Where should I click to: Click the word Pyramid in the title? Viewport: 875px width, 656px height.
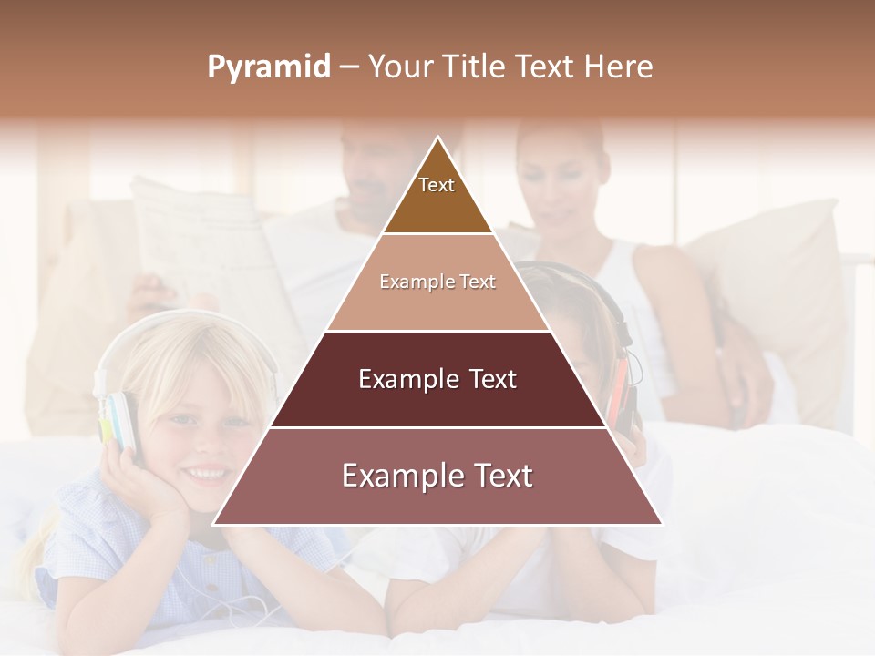268,67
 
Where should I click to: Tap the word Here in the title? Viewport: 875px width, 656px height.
619,67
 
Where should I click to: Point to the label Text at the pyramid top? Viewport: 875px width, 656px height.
437,185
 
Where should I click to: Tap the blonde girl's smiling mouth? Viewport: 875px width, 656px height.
206,473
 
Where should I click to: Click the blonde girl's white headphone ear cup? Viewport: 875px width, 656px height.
121,419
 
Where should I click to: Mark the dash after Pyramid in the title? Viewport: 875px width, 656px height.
348,67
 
